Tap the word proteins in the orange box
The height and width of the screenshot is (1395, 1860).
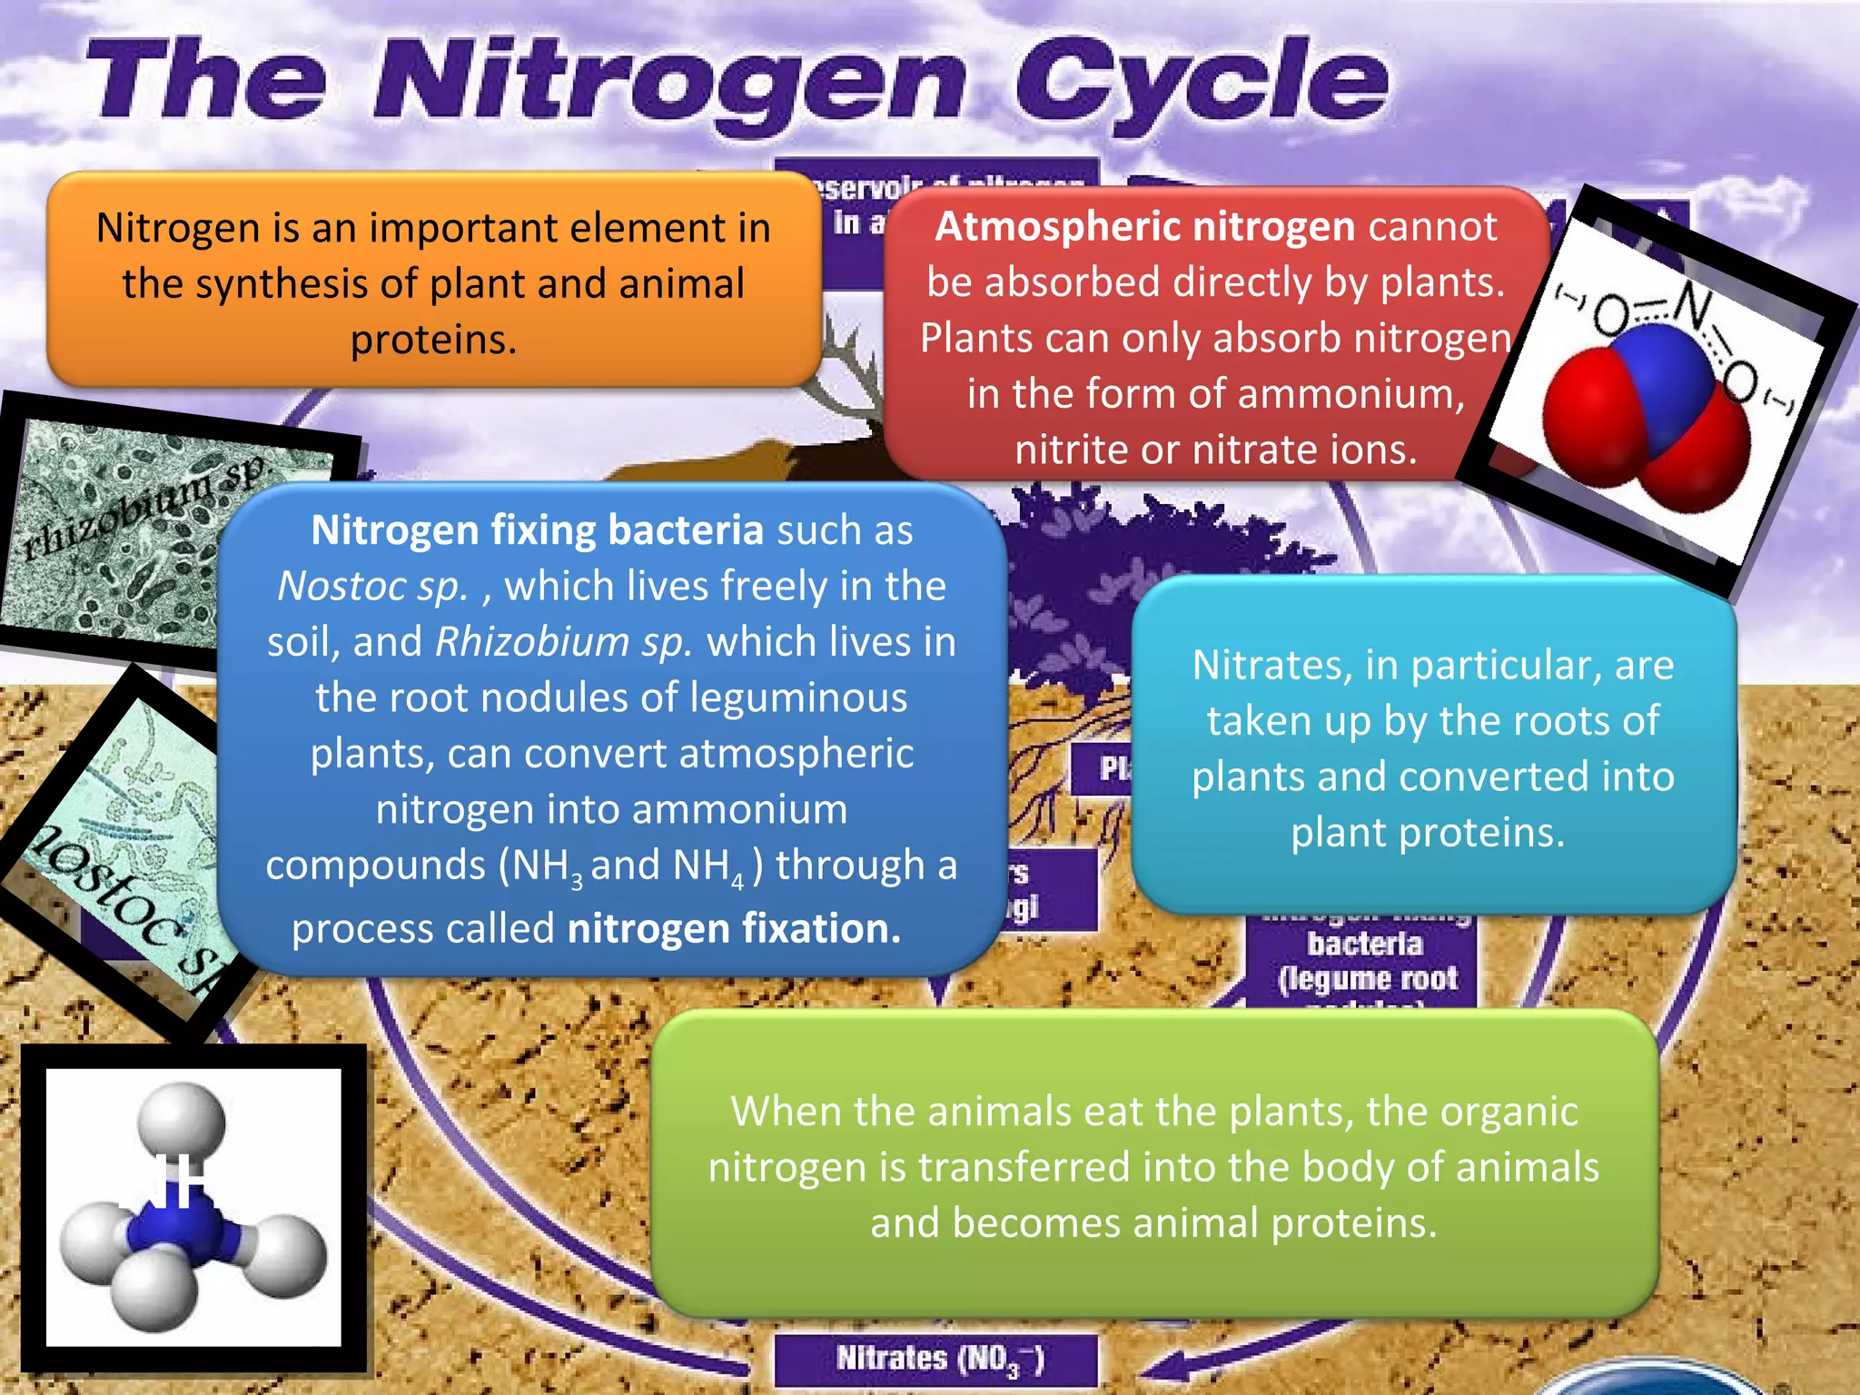point(433,340)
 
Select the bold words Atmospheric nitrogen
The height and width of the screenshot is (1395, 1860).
point(1144,226)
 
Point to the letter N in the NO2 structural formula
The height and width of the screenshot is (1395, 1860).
point(1692,305)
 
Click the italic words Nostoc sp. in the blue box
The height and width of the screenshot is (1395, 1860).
point(372,586)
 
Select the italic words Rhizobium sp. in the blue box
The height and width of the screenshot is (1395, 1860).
point(563,642)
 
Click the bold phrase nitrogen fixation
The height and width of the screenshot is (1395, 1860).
point(734,928)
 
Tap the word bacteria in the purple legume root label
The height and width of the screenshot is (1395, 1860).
point(1364,945)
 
